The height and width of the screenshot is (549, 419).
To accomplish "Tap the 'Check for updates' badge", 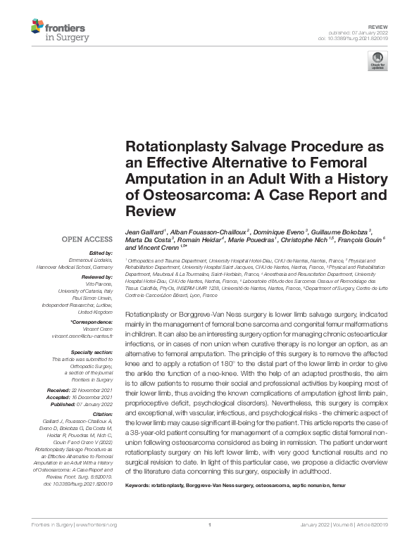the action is point(379,65).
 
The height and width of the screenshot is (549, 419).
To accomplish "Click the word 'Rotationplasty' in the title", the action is point(167,146).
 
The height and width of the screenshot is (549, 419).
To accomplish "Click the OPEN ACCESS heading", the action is point(87,239).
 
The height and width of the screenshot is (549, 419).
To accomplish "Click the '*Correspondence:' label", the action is point(94,302).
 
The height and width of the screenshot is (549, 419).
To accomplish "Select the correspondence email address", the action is point(83,316).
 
